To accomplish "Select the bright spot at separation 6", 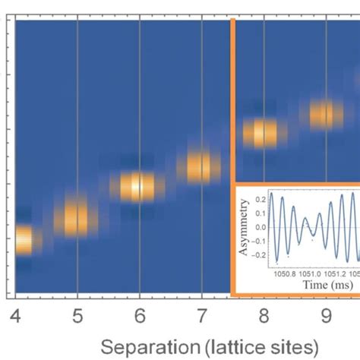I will [x=137, y=186].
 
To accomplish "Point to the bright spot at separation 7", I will [x=201, y=166].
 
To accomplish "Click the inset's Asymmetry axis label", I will [x=245, y=225].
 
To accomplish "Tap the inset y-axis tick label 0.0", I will [x=260, y=226].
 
